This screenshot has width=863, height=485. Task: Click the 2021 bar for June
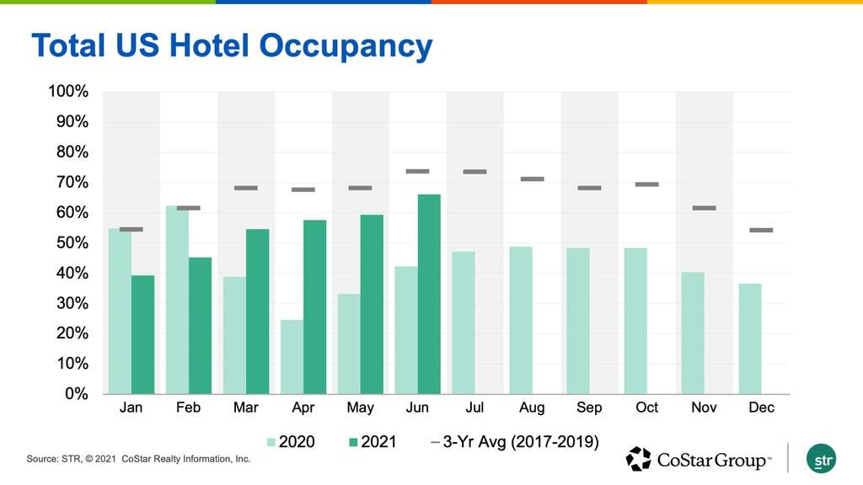pos(429,294)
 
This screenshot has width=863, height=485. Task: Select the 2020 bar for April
pos(292,356)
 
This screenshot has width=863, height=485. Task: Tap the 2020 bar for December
pos(750,338)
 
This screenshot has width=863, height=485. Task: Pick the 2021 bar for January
pos(142,334)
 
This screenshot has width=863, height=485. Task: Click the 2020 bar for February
pos(177,299)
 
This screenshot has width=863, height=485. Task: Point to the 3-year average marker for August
pos(532,179)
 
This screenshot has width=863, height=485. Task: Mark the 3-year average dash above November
pos(704,208)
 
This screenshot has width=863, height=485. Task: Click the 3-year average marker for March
pos(245,188)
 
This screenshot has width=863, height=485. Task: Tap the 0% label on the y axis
pos(76,394)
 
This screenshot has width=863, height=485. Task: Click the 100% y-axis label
pos(68,92)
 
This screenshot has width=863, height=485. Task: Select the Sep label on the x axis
pos(589,408)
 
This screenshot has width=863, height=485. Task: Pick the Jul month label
pos(474,408)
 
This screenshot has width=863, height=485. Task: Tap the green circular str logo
pos(820,458)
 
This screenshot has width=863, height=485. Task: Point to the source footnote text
pos(139,460)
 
